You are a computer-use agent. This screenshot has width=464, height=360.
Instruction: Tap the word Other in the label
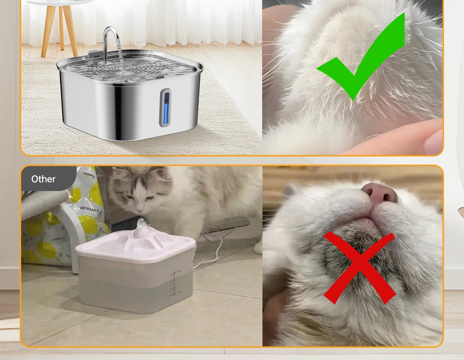43,179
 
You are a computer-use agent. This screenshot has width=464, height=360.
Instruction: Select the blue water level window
166,108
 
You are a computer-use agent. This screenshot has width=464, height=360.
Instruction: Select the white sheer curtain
181,20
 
